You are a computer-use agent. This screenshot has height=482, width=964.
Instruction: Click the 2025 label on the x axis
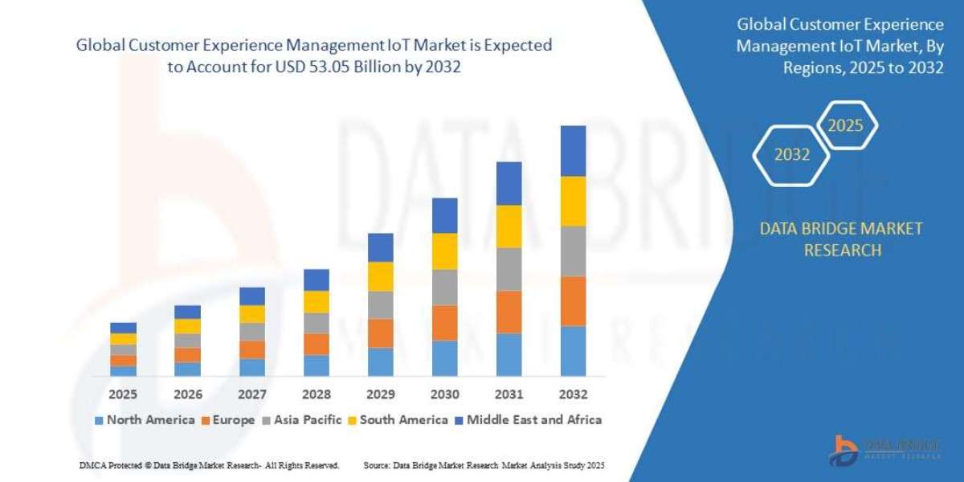click(x=124, y=394)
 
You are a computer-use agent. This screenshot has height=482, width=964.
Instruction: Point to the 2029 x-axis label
click(x=381, y=394)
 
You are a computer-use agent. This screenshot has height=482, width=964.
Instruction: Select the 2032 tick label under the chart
click(x=574, y=394)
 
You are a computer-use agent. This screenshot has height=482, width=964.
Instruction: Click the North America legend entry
click(x=145, y=419)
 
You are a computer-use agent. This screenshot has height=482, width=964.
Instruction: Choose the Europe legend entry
click(x=228, y=419)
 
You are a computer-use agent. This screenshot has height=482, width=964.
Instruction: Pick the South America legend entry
click(x=398, y=419)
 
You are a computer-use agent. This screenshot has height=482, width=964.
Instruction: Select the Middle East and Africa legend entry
click(x=528, y=419)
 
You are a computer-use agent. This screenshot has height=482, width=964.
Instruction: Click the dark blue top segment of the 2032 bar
click(x=574, y=150)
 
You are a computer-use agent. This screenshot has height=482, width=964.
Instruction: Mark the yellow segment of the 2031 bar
click(x=509, y=226)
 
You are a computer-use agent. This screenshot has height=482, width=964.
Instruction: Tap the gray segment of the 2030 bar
click(x=445, y=287)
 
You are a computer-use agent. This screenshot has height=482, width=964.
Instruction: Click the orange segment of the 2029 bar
click(x=381, y=333)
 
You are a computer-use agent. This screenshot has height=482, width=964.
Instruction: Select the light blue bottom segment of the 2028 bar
click(x=317, y=365)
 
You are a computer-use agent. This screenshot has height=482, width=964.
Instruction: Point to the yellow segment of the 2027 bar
click(x=252, y=313)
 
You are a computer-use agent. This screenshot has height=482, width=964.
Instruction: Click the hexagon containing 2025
click(x=845, y=126)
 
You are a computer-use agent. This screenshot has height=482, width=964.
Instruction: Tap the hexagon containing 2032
click(x=792, y=155)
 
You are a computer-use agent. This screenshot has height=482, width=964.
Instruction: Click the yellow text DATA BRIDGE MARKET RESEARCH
click(x=841, y=239)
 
